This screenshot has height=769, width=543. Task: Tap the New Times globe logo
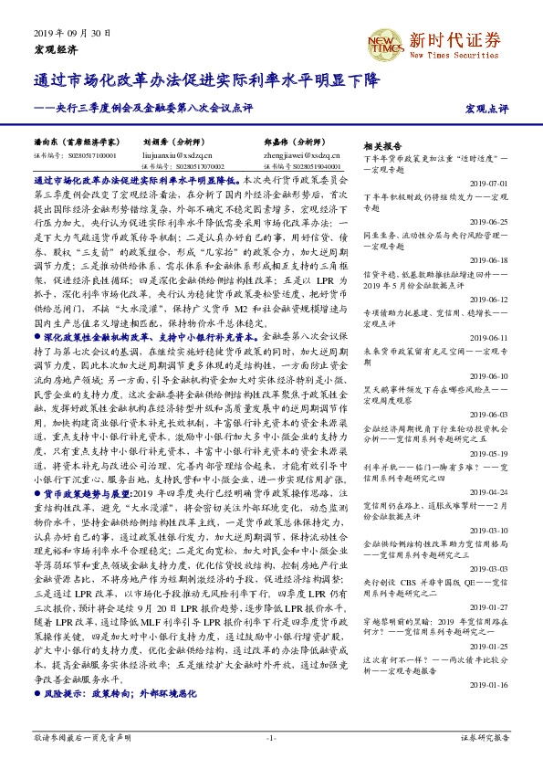386,41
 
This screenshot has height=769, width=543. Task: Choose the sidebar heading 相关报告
382,146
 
